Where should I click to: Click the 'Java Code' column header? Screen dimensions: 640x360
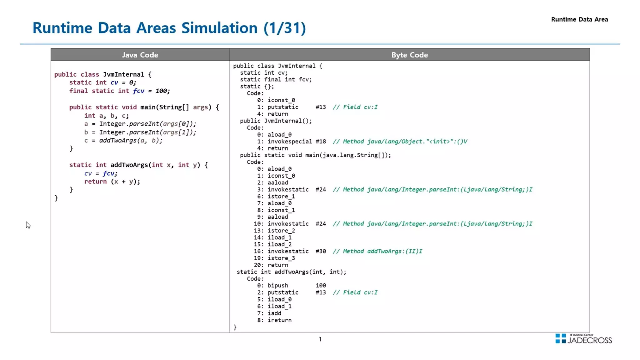tap(140, 55)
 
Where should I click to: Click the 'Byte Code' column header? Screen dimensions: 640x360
tap(409, 55)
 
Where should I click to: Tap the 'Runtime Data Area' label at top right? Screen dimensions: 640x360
tap(579, 19)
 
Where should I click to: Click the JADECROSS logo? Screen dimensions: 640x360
tap(583, 339)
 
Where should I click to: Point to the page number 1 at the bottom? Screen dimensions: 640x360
tap(320, 339)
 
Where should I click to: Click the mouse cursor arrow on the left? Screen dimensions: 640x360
tap(28, 225)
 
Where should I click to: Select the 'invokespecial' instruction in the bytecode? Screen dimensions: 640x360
tap(289, 142)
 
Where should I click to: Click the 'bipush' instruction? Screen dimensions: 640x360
tap(277, 286)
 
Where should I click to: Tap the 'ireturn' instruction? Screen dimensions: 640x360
tap(279, 320)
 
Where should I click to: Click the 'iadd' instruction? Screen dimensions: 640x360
tap(274, 313)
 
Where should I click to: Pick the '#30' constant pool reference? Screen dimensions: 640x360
tap(321, 251)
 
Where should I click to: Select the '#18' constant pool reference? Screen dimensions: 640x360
tap(321, 142)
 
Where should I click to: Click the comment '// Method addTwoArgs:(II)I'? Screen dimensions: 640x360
tap(377, 251)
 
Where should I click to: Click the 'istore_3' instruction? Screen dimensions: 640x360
tap(281, 258)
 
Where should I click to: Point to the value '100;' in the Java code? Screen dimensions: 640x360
tap(162, 91)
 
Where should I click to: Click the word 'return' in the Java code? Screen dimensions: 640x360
tap(95, 182)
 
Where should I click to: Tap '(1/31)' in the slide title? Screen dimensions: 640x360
tap(284, 28)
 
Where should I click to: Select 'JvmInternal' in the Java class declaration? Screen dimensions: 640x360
tap(123, 74)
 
